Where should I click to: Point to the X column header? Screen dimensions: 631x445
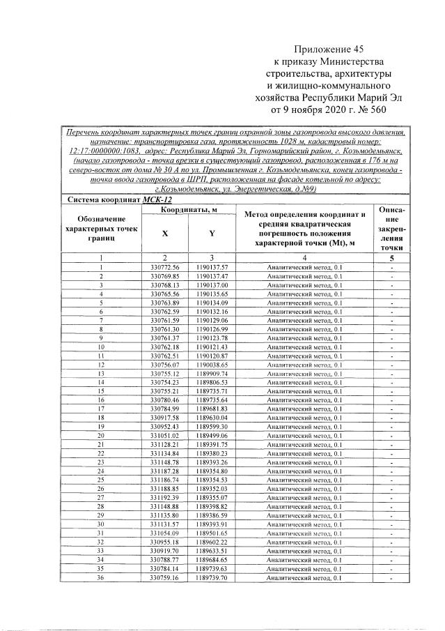165,234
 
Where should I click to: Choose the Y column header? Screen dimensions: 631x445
212,234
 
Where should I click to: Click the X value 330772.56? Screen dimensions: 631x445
165,268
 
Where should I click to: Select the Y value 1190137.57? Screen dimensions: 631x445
212,268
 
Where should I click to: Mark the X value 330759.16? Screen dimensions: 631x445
165,578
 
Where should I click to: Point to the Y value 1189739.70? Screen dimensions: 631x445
212,578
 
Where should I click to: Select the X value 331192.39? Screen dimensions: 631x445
165,498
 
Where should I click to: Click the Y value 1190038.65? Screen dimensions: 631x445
212,364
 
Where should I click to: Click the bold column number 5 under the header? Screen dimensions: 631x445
393,258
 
